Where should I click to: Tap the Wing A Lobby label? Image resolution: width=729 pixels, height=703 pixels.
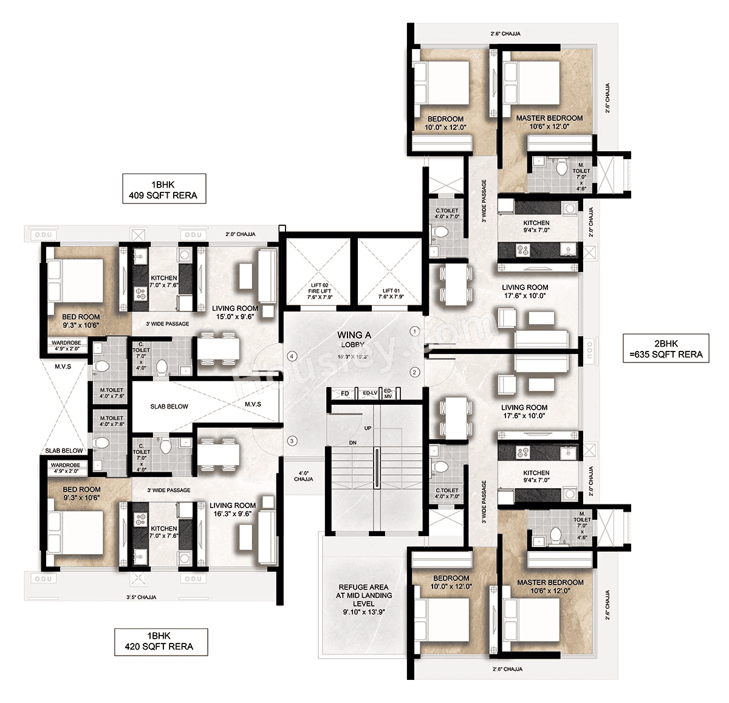(x=354, y=339)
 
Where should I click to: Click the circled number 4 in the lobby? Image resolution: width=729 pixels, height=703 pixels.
(x=292, y=356)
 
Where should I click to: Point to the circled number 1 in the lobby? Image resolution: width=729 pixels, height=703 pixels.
(x=415, y=331)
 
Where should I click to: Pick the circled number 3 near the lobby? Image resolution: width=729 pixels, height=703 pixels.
(x=292, y=441)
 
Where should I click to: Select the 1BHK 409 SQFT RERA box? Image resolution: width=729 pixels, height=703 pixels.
(x=163, y=189)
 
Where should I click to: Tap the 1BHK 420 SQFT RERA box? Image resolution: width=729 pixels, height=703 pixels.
(x=161, y=641)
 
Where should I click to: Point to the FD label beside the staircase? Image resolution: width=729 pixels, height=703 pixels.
(x=344, y=394)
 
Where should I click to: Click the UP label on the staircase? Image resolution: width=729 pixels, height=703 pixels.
(x=368, y=428)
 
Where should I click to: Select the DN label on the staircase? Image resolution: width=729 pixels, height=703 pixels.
(x=353, y=443)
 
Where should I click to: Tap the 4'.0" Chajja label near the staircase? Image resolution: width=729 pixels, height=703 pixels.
(x=303, y=475)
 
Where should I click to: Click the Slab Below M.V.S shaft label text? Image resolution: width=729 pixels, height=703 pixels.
(x=169, y=406)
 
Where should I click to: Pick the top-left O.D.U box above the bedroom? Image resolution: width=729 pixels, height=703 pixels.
(x=43, y=235)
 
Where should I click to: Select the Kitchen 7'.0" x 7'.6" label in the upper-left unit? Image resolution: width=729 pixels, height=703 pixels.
(x=163, y=282)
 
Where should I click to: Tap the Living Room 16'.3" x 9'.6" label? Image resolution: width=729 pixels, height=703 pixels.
(x=233, y=509)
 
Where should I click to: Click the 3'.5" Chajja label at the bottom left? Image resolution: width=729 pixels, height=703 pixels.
(x=140, y=597)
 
